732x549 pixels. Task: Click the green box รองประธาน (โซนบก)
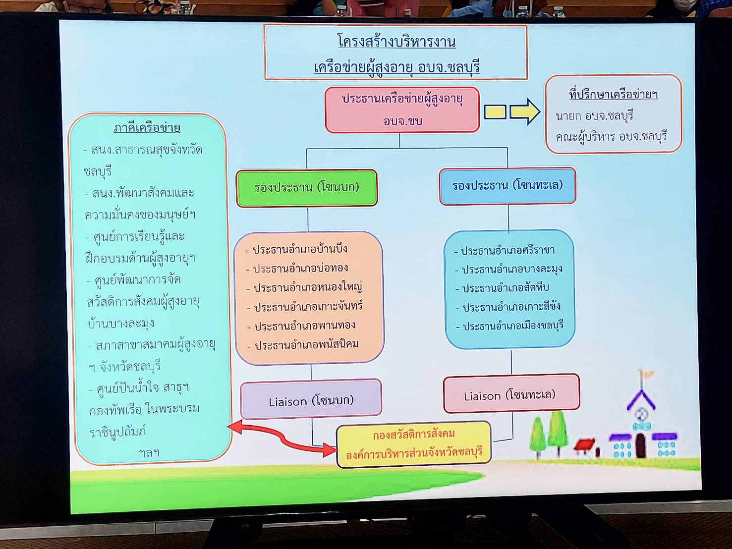click(307, 188)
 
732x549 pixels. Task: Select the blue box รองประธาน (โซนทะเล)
click(507, 186)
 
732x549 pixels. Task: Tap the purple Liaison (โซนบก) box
click(311, 399)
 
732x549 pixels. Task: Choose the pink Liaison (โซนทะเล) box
click(511, 393)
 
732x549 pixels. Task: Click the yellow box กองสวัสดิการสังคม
click(414, 444)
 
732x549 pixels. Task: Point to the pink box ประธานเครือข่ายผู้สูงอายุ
click(402, 110)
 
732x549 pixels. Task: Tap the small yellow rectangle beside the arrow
click(495, 112)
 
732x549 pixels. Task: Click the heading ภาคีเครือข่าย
click(147, 128)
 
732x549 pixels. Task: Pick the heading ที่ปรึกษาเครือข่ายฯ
click(614, 94)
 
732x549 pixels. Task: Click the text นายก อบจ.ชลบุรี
click(595, 116)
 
